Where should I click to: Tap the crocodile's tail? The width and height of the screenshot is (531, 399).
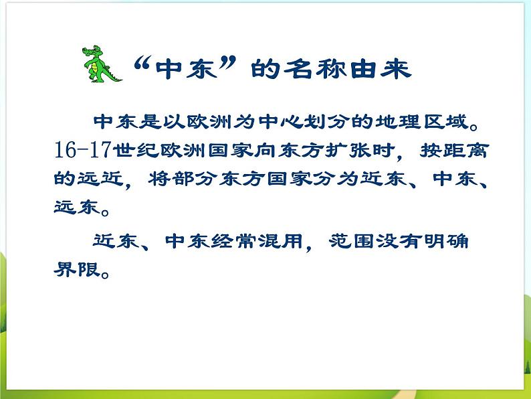pyautogui.click(x=118, y=76)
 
